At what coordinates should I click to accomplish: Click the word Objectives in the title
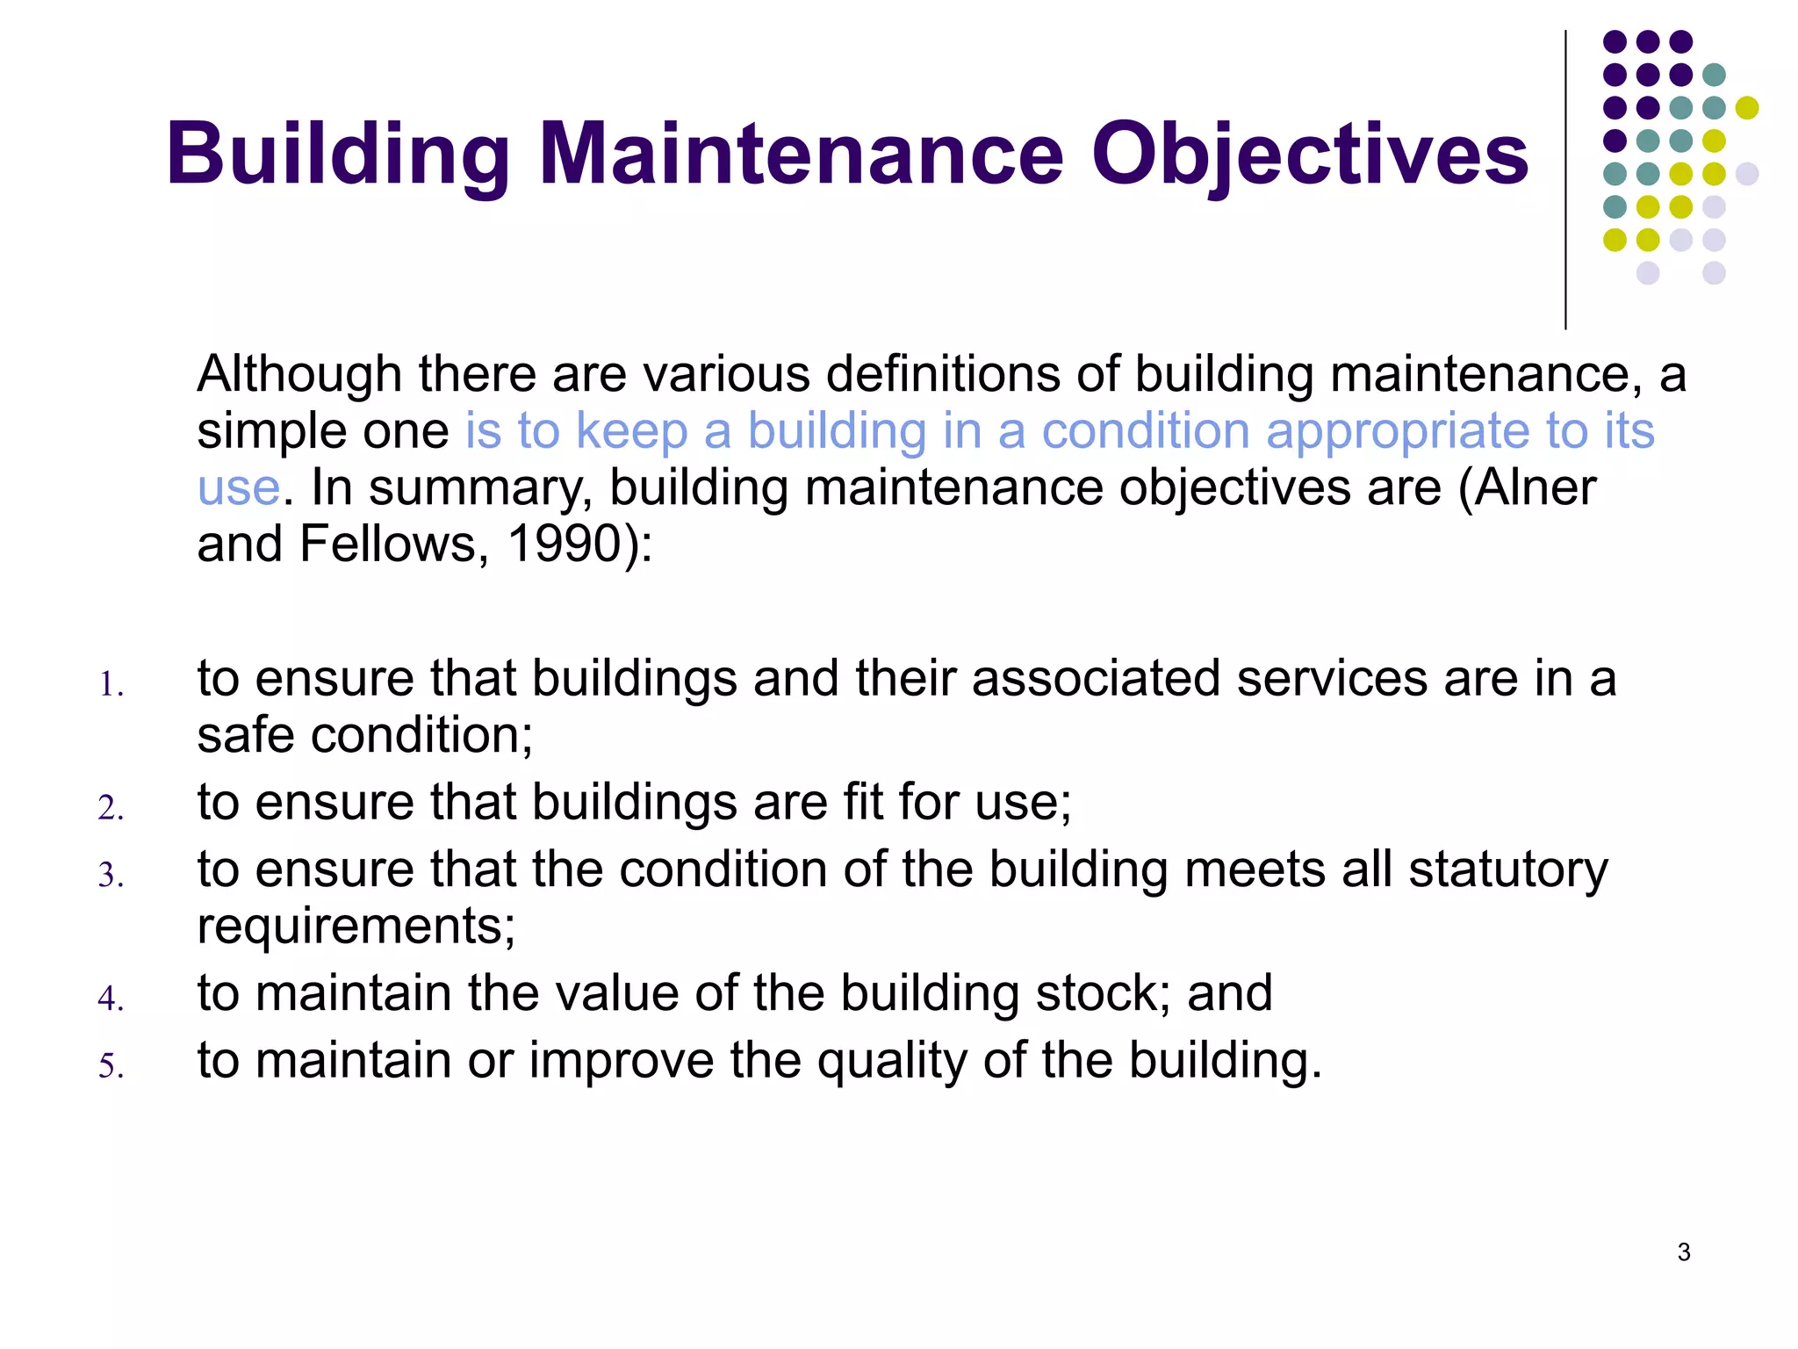(1310, 156)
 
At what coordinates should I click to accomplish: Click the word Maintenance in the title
(801, 155)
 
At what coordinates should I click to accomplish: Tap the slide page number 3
(1683, 1252)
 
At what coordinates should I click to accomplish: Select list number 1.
(111, 685)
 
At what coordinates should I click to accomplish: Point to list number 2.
(111, 808)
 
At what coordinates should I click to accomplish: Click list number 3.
(111, 876)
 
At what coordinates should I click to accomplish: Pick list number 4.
(111, 999)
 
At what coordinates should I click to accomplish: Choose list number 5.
(111, 1066)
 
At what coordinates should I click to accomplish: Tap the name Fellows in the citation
(393, 545)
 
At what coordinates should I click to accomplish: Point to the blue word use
(238, 489)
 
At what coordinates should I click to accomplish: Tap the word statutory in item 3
(1508, 869)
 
